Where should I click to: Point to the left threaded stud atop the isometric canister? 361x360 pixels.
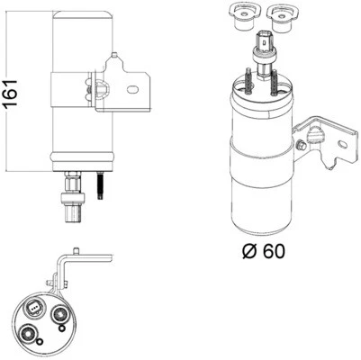pyautogui.click(x=245, y=83)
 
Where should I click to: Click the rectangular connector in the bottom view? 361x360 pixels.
pyautogui.click(x=33, y=310)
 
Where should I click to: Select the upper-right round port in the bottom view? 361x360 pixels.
pyautogui.click(x=60, y=314)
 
